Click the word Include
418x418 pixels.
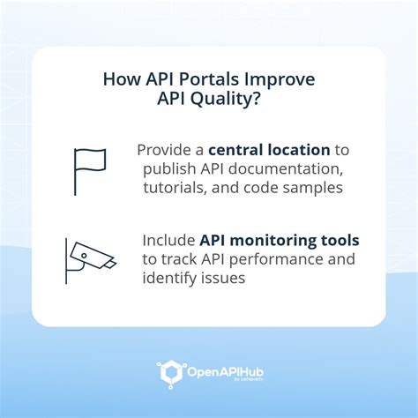point(168,241)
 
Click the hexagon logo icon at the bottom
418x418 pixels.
point(170,372)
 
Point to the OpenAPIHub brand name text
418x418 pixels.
point(223,371)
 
